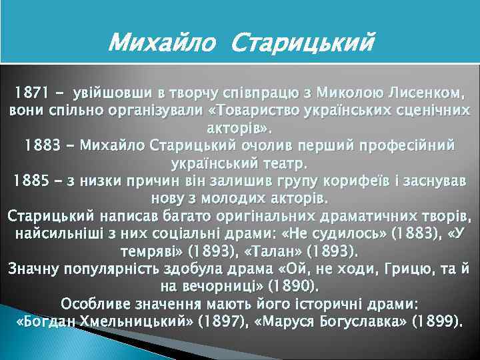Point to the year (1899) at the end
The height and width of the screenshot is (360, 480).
(x=437, y=323)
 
